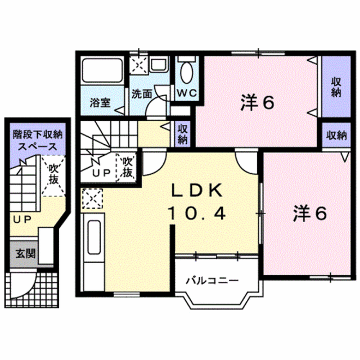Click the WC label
187,93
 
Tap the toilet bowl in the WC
187,73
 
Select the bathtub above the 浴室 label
102,70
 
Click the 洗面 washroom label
142,94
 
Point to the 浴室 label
100,102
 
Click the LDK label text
197,190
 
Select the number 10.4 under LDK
197,213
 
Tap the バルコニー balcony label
213,281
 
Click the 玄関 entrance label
25,254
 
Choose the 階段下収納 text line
38,135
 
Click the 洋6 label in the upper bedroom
258,103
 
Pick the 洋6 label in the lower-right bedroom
310,214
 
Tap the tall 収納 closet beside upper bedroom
336,86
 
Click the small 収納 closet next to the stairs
183,134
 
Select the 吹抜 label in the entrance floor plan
53,175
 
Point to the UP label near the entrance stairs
22,220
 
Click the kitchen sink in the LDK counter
94,237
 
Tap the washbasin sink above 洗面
159,64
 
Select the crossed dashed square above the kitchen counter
92,199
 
